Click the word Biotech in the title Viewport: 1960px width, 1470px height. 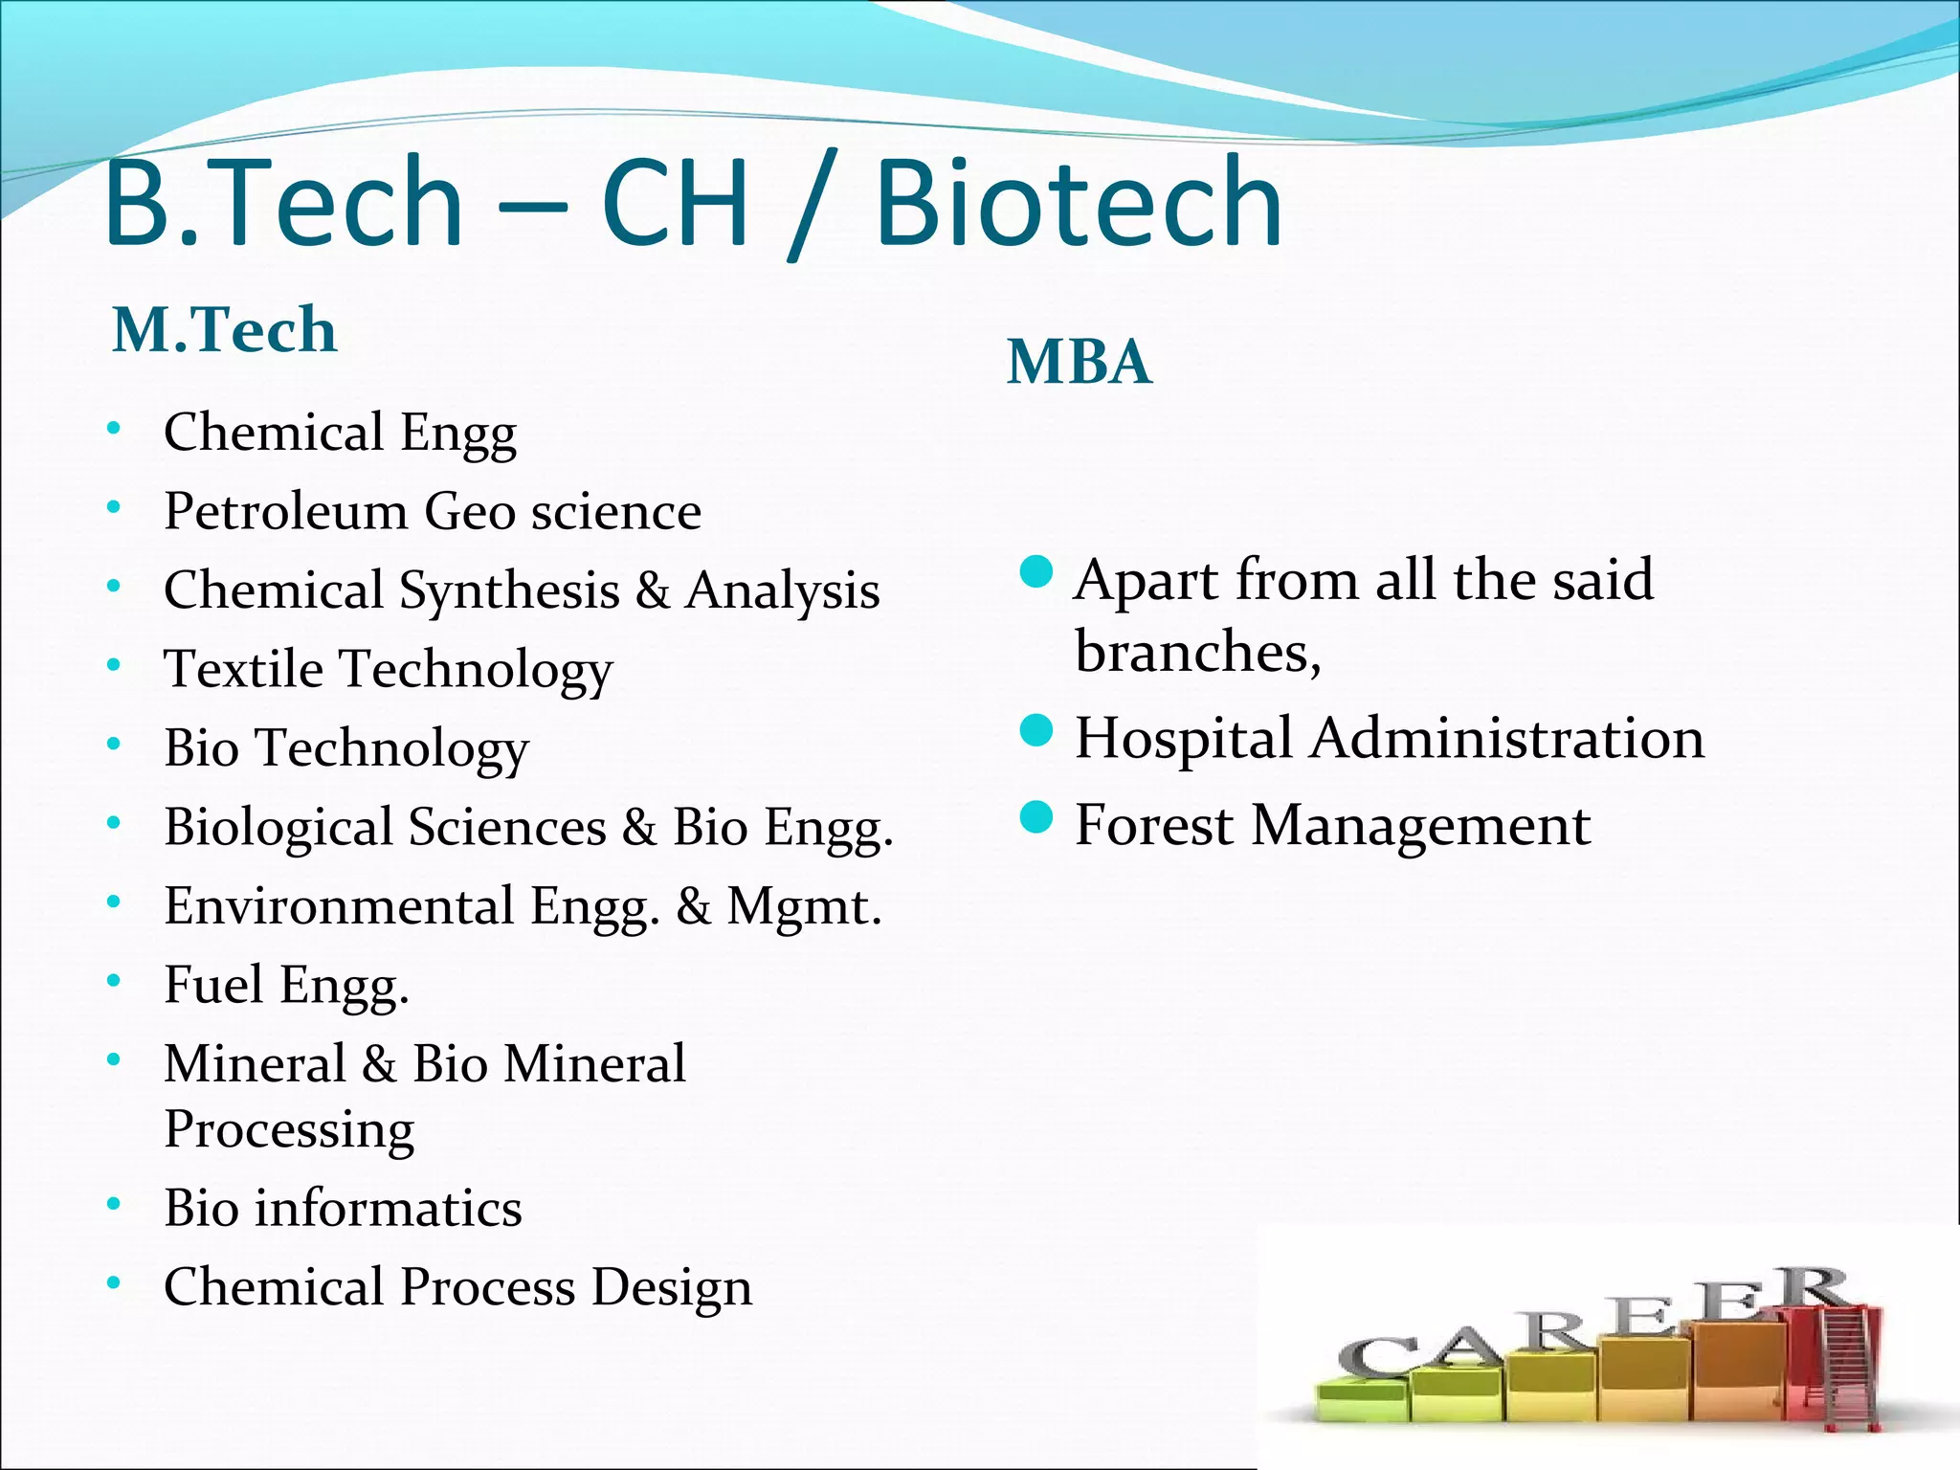point(1078,203)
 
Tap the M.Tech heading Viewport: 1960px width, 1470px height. point(225,329)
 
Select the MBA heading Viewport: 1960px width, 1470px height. point(1079,362)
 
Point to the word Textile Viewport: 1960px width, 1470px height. point(243,669)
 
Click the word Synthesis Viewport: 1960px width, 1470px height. point(509,591)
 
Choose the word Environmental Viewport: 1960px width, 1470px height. point(339,905)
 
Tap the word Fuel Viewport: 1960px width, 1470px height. point(212,984)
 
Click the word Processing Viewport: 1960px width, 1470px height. point(289,1130)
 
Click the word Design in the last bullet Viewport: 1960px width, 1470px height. point(671,1287)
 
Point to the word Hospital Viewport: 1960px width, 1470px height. point(1183,739)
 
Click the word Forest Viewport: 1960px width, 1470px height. point(1153,825)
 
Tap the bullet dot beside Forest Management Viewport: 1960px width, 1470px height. point(1036,818)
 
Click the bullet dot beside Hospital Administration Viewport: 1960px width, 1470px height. point(1036,731)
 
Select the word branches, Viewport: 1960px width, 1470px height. point(1197,653)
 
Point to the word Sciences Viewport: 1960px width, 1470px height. point(507,827)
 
